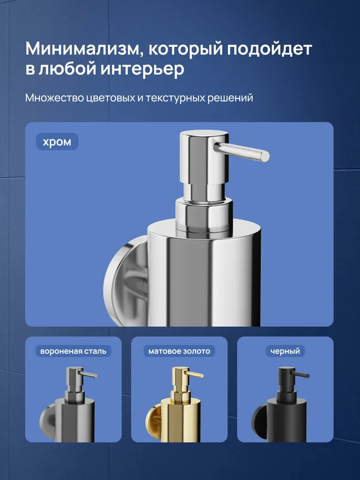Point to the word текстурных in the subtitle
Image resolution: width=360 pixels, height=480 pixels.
175,97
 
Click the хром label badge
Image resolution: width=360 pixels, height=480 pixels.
57,142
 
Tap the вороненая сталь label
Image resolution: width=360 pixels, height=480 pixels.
73,351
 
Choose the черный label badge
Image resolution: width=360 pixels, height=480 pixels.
282,351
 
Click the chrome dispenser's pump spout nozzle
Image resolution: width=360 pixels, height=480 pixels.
246,152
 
